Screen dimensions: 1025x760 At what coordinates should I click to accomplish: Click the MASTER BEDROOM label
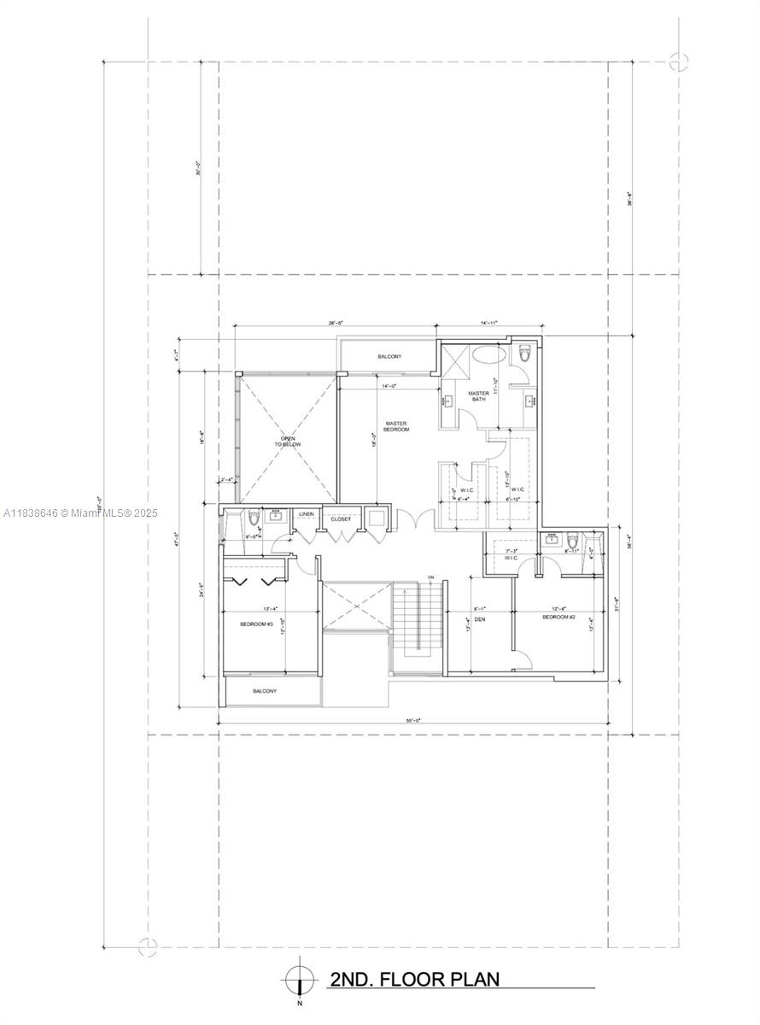[396, 425]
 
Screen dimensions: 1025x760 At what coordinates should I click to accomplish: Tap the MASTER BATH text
[478, 396]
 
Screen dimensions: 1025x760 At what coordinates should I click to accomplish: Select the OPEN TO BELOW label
[284, 442]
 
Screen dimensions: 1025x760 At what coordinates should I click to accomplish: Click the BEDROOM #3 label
[255, 624]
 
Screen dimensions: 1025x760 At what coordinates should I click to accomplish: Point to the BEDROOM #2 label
[558, 616]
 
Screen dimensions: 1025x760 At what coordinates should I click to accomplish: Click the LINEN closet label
[306, 514]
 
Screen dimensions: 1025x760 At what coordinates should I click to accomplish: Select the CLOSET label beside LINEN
[341, 518]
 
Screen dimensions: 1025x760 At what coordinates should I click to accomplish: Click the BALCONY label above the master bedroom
[389, 356]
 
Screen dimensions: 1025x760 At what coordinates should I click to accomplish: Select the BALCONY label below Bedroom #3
[264, 691]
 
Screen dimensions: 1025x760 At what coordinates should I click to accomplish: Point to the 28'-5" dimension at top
[336, 324]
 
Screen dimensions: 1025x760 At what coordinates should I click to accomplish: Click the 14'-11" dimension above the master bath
[488, 324]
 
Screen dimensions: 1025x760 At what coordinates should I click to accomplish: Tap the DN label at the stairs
[430, 577]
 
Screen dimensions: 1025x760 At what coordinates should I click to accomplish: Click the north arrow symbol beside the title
[300, 978]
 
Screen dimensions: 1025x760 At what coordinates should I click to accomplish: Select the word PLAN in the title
[470, 979]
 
